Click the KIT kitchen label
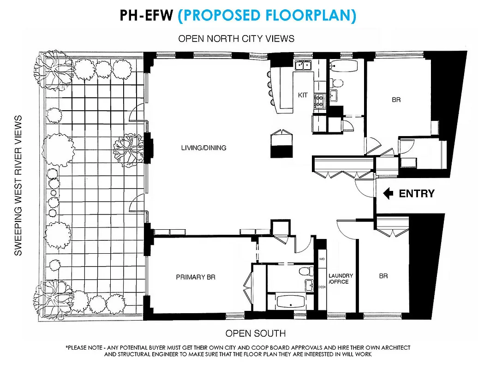tap(303, 95)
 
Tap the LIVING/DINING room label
tap(203, 148)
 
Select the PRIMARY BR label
tap(196, 277)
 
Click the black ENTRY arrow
tap(389, 194)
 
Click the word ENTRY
tap(417, 194)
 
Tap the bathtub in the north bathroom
tap(344, 67)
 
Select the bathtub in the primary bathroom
tap(288, 303)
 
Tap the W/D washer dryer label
tap(322, 259)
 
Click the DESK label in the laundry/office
tap(322, 287)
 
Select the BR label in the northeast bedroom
tap(396, 99)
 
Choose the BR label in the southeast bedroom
tap(383, 276)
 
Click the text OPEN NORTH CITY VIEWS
tap(236, 38)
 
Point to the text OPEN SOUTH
tap(255, 333)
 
